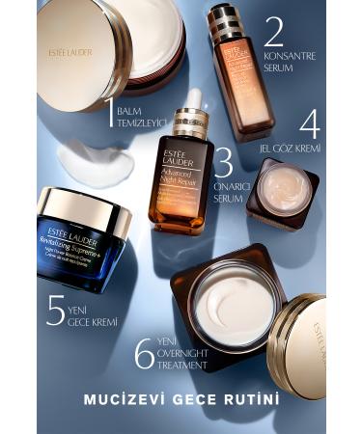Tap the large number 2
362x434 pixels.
click(x=274, y=33)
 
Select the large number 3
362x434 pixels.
click(x=223, y=161)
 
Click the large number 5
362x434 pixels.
click(x=56, y=310)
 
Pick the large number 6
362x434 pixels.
click(x=145, y=353)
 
